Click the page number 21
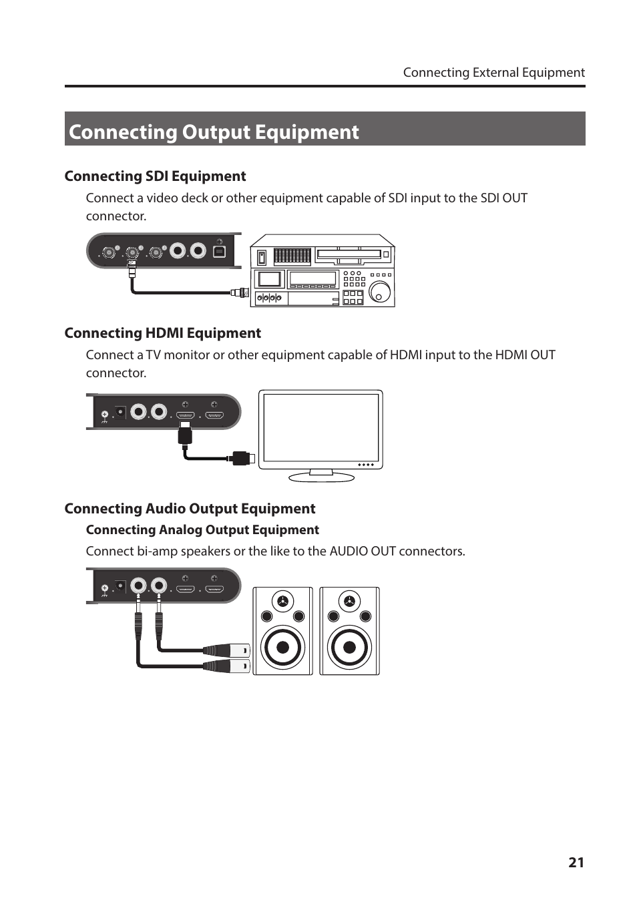(576, 862)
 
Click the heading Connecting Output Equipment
(214, 132)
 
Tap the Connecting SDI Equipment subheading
(155, 176)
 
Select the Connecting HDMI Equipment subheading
(162, 333)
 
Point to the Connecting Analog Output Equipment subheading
(202, 530)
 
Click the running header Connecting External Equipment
(493, 73)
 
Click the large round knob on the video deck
(380, 292)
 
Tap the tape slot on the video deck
(349, 254)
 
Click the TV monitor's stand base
(321, 477)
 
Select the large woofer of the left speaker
(282, 647)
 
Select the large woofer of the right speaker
(349, 647)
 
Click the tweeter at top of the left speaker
(283, 601)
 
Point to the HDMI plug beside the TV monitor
(241, 458)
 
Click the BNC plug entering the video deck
(240, 292)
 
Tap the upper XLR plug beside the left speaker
(228, 650)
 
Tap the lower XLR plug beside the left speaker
(228, 666)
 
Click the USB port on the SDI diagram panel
(219, 251)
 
